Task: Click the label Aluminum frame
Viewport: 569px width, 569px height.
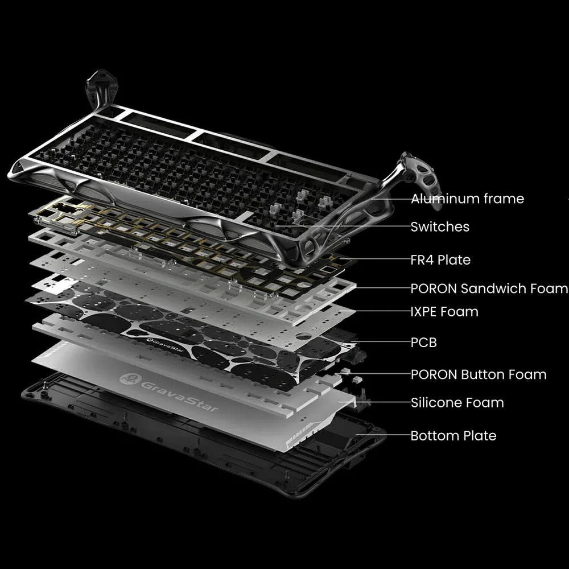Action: click(x=467, y=199)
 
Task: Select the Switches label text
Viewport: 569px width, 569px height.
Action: click(x=440, y=227)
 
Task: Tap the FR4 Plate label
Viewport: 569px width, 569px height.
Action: click(x=440, y=260)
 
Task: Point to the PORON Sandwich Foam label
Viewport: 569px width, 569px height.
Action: click(x=489, y=288)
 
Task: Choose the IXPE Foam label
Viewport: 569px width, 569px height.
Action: click(x=444, y=312)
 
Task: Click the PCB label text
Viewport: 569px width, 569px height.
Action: click(x=424, y=342)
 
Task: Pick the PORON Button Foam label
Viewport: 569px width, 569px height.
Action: click(x=479, y=374)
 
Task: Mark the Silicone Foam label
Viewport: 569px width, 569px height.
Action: click(x=457, y=402)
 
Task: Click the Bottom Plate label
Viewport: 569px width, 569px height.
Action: click(x=453, y=435)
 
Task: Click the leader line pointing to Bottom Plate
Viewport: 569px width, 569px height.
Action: click(x=383, y=435)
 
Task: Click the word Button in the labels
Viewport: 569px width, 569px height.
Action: click(x=483, y=374)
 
